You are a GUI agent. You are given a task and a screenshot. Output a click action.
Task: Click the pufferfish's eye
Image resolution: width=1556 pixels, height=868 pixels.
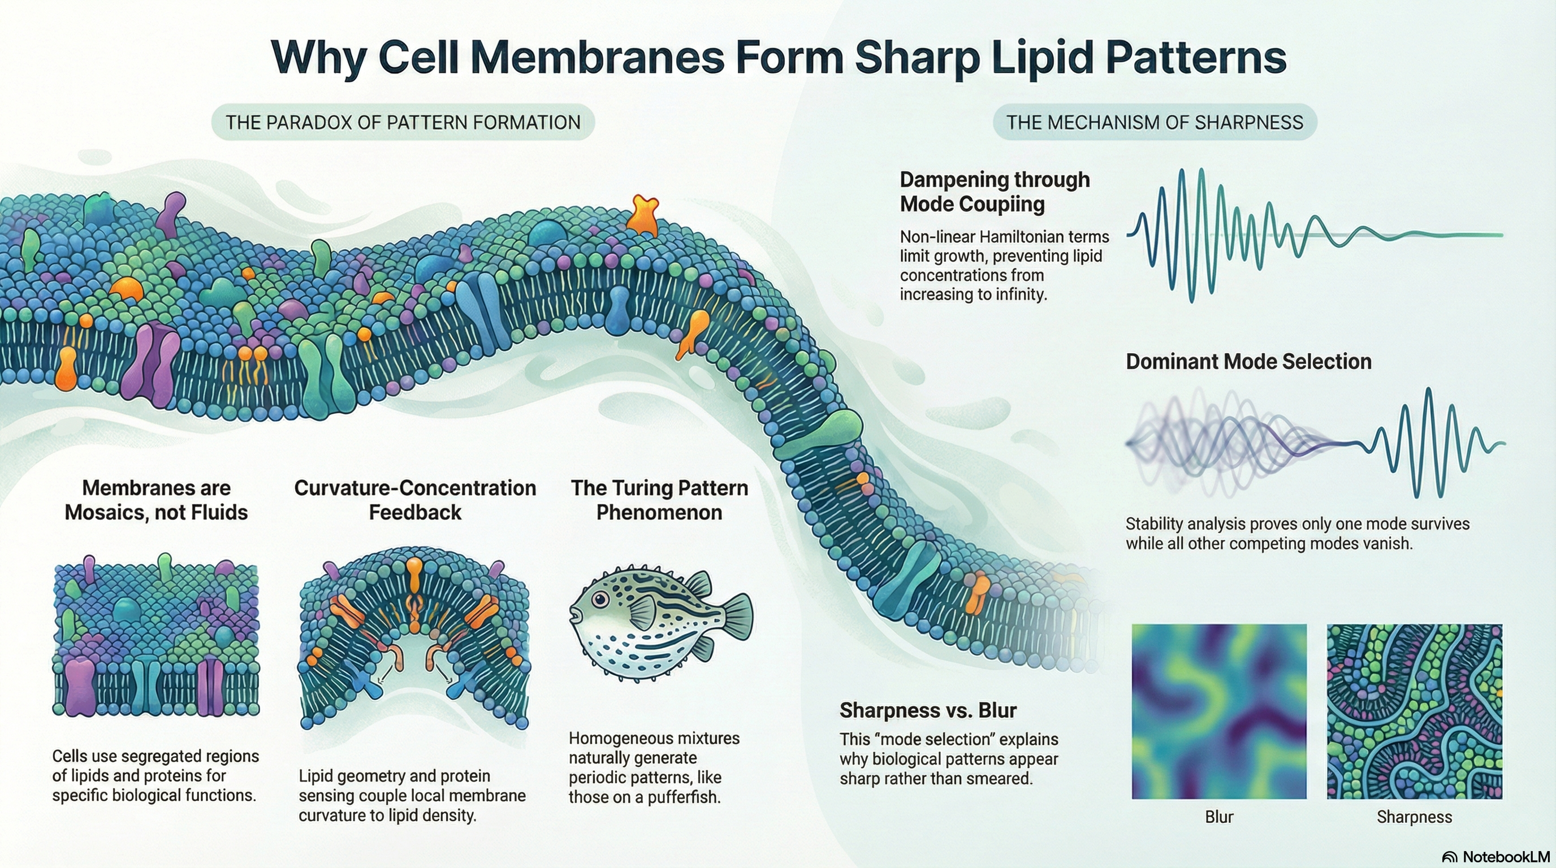tap(600, 600)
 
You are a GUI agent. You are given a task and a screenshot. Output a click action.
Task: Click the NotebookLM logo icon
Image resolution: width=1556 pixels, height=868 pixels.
tap(1450, 857)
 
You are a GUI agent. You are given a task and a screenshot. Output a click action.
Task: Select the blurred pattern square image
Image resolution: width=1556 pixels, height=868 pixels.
tap(1219, 711)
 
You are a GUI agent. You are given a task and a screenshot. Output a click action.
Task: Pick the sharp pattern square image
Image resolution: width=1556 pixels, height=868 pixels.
tap(1414, 711)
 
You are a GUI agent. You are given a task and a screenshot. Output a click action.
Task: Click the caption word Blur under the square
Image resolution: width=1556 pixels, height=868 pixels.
tap(1219, 817)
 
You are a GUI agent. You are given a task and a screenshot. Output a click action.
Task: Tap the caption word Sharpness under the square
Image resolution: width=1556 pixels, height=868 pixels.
tap(1414, 817)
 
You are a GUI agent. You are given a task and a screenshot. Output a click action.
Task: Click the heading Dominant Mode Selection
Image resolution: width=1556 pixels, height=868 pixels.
tap(1248, 362)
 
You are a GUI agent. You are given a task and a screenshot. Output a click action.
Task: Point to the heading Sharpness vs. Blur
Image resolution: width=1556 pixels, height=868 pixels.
tap(928, 710)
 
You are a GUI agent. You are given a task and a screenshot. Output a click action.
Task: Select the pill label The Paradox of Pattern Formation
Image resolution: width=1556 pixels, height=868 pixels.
tap(403, 123)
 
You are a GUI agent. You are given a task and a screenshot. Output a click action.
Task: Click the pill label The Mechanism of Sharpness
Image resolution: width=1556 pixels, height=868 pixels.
tap(1155, 123)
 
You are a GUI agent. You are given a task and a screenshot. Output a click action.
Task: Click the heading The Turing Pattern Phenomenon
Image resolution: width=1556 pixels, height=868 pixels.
tap(659, 500)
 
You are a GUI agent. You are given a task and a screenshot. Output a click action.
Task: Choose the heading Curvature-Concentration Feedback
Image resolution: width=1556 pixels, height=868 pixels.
tap(415, 500)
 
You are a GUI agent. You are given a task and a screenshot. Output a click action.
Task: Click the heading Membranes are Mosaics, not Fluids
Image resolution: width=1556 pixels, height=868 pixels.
tap(156, 500)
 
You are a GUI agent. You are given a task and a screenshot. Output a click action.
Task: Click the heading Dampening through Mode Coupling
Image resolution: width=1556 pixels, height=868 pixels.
tap(994, 192)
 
